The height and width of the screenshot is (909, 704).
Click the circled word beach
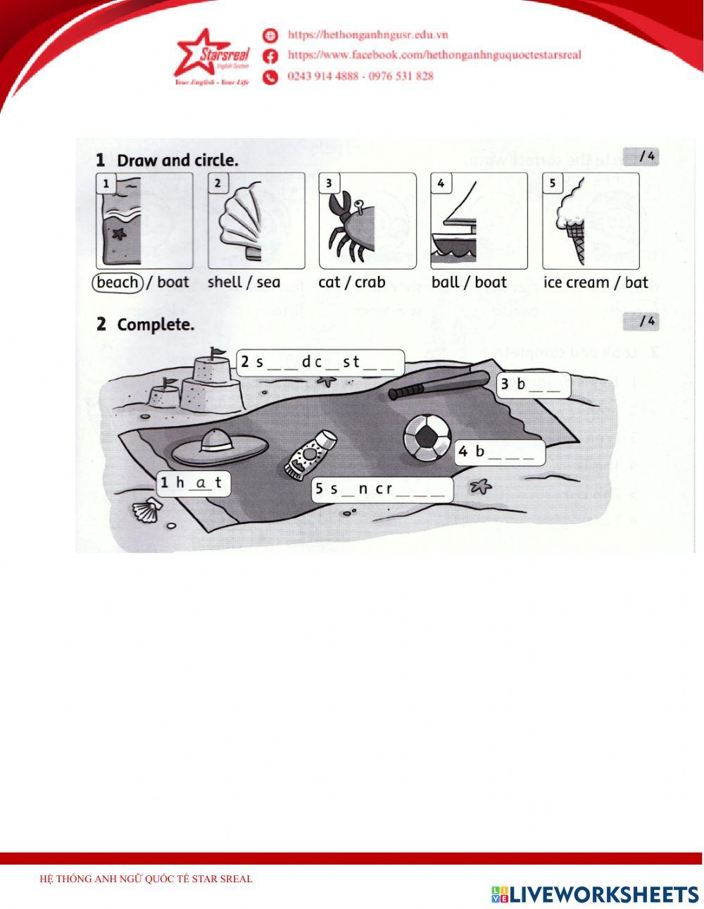118,282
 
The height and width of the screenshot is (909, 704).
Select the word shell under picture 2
225,282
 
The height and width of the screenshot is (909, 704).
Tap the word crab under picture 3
370,282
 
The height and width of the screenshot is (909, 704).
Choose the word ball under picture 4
445,282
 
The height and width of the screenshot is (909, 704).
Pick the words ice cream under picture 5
576,282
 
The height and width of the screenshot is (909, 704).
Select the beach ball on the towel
427,437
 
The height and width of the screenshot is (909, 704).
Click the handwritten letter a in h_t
202,482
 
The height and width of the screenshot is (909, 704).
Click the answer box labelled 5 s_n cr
382,489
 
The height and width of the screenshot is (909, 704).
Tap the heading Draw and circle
177,161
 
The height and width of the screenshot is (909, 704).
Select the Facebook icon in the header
270,56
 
